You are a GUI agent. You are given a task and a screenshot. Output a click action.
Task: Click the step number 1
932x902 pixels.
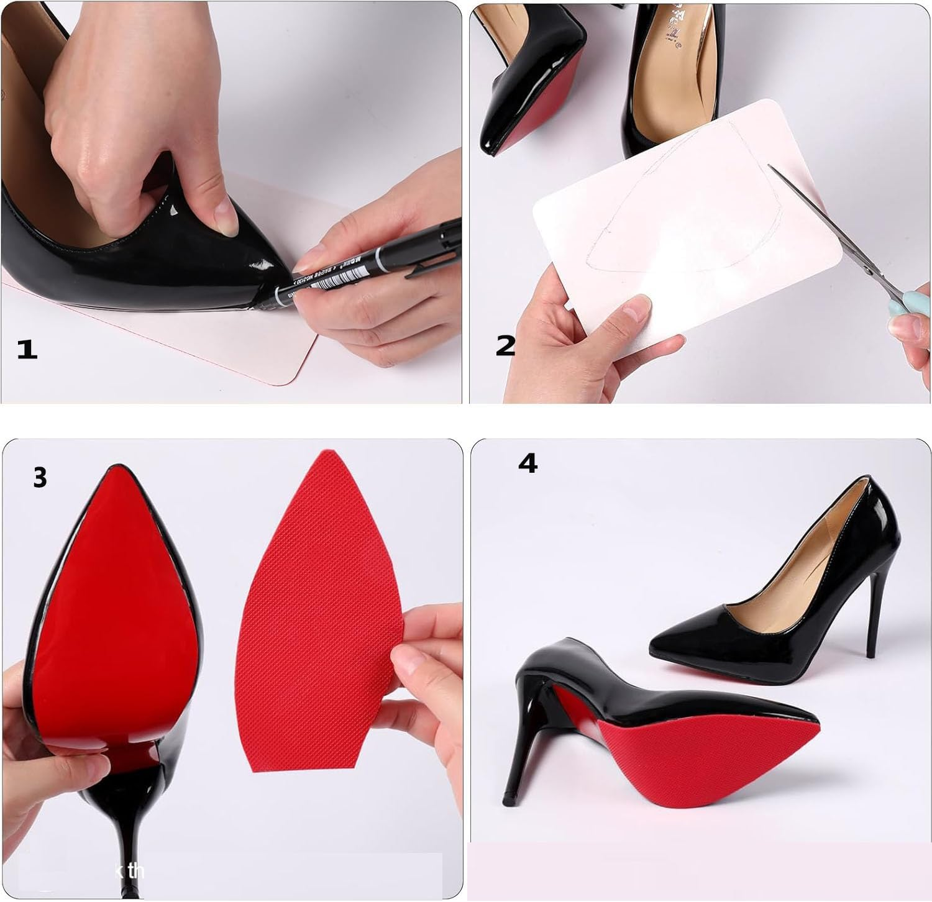point(27,349)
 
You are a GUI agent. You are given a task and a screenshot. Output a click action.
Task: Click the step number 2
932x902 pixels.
point(505,345)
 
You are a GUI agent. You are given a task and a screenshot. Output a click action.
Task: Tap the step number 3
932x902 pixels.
point(40,478)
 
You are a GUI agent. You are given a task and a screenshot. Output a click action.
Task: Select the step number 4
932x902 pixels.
point(528,463)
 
